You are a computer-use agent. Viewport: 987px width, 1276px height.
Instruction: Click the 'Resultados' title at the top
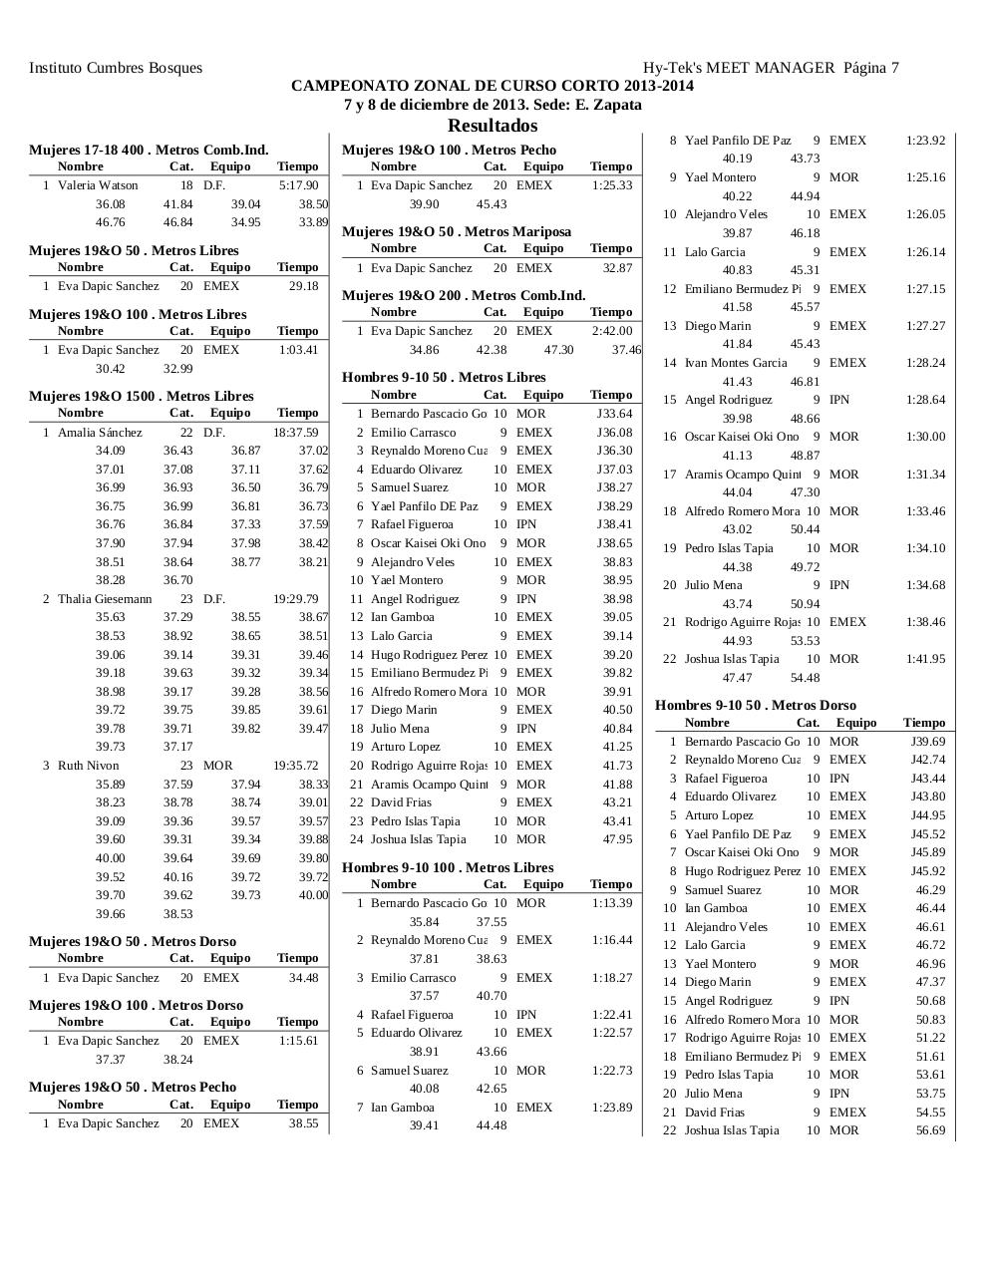coord(493,126)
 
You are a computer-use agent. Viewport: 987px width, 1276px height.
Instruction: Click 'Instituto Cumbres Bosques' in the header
coord(116,68)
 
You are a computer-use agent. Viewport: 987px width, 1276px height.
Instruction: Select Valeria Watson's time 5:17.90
coord(298,185)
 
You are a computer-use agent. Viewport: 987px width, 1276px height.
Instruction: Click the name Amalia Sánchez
coord(100,433)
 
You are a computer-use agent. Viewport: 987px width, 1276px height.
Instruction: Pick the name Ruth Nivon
coord(88,766)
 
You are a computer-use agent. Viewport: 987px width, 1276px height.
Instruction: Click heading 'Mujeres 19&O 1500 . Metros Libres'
coord(142,396)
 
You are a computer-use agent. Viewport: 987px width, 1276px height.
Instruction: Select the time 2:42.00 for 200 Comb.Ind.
coord(611,331)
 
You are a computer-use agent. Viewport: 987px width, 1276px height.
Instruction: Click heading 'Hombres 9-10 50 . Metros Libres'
coord(444,377)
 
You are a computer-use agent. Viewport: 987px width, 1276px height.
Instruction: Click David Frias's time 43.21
coord(617,802)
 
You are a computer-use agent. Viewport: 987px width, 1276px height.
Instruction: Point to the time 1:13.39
coord(611,903)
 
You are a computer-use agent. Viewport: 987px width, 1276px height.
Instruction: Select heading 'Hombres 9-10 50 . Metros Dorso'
coord(756,705)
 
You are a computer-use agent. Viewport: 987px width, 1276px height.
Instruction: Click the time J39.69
coord(927,742)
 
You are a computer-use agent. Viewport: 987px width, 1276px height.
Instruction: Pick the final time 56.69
coord(930,1130)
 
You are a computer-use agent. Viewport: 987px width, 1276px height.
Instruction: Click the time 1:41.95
coord(925,659)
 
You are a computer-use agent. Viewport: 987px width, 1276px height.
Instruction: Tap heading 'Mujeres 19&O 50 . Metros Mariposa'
coord(457,231)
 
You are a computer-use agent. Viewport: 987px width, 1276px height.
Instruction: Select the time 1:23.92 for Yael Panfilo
coord(925,141)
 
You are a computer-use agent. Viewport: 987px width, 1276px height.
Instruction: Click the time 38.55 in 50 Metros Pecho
coord(303,1123)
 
